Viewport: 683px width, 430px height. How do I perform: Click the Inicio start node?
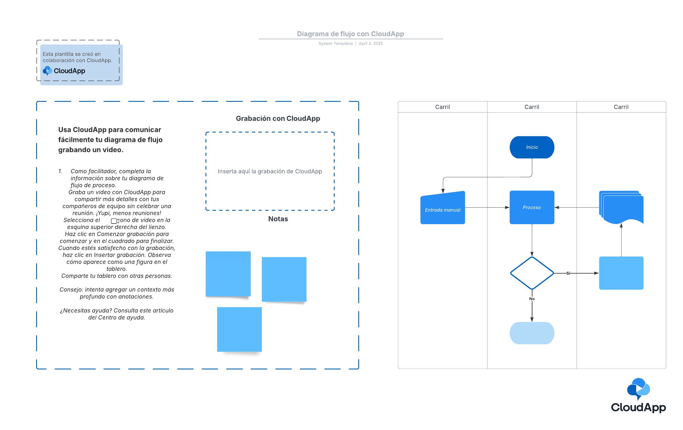point(532,147)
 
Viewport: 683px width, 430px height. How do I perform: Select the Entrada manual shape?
point(443,208)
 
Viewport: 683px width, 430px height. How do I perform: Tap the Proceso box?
point(532,207)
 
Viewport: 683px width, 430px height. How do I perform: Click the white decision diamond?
point(532,273)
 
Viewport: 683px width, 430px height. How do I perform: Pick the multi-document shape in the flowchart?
point(621,207)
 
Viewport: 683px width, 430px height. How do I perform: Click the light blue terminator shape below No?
point(532,333)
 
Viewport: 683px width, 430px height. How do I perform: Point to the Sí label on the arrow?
point(568,273)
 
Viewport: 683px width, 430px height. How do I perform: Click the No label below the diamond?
point(532,299)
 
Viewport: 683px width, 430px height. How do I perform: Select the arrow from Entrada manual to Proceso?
point(487,207)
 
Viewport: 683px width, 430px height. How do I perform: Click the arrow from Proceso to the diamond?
point(532,240)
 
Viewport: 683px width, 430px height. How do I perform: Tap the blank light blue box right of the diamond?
point(621,273)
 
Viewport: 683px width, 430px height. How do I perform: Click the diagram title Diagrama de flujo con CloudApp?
point(350,34)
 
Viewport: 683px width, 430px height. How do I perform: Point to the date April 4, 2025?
point(371,44)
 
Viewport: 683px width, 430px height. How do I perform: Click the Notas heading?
point(278,219)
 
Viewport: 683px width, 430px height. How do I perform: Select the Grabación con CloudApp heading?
point(278,119)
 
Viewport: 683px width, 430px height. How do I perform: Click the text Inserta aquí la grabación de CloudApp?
point(270,171)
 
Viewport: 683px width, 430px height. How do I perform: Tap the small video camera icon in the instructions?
point(115,221)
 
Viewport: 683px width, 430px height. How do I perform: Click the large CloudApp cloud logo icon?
point(638,388)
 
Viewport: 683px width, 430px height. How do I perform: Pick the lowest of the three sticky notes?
point(239,329)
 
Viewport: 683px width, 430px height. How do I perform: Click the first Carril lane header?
point(443,107)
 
